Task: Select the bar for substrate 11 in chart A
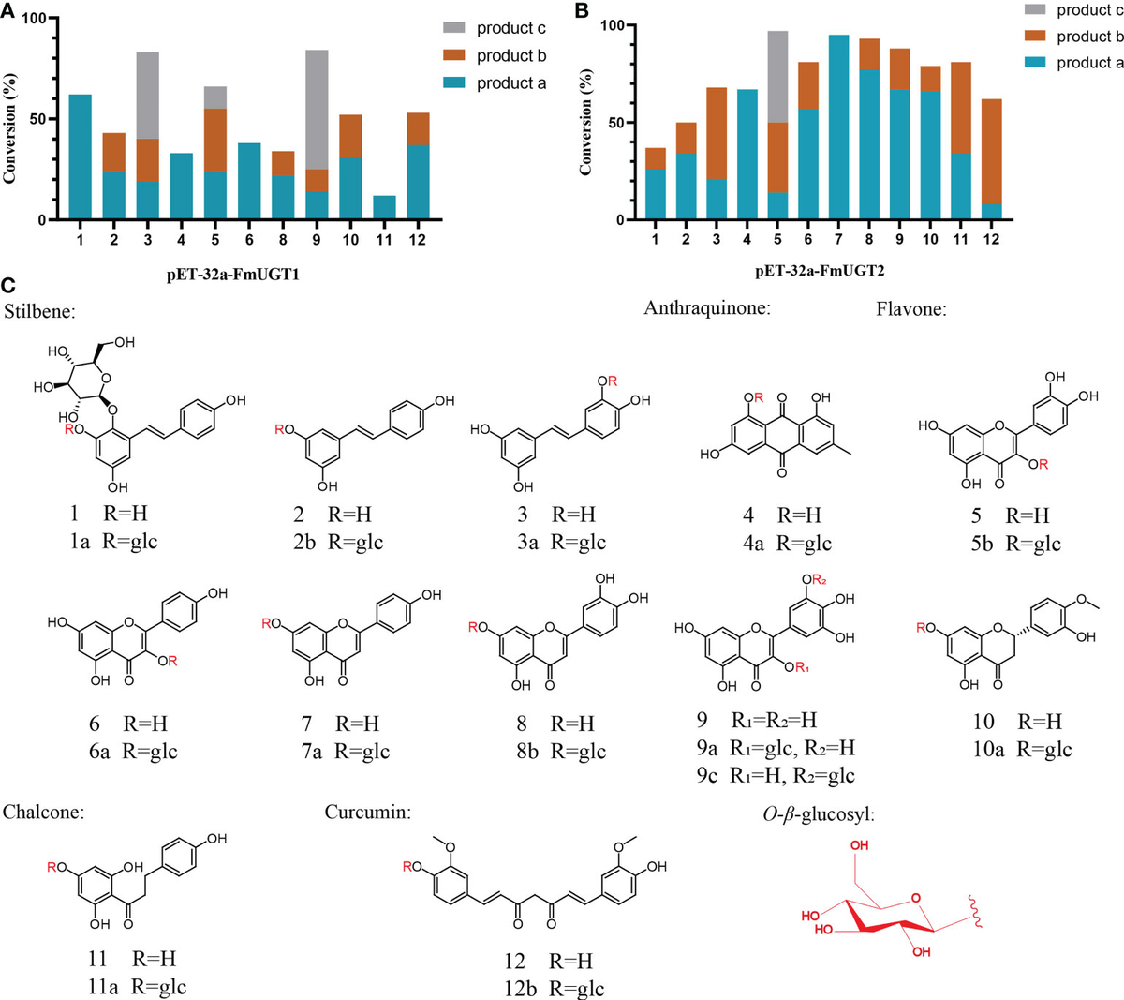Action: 383,208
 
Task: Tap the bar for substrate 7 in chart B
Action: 839,127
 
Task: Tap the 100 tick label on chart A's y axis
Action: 36,19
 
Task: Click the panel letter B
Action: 582,11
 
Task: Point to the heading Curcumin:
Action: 367,812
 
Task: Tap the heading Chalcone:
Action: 44,812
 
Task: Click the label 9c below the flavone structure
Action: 707,775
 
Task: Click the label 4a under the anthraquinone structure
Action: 753,544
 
